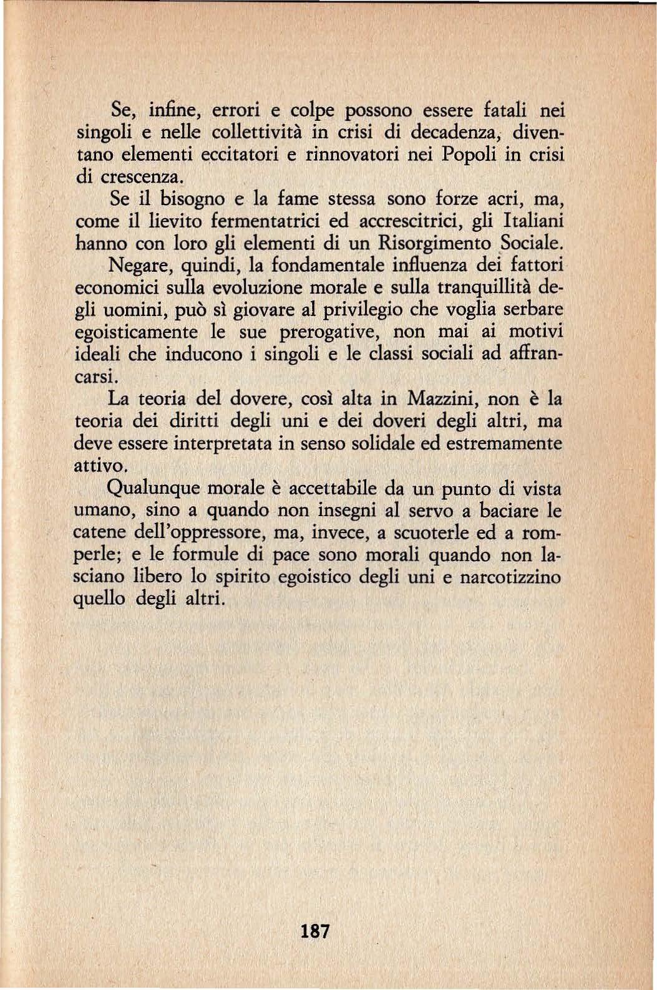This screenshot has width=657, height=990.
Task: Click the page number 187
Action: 314,931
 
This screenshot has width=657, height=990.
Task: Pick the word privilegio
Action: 352,310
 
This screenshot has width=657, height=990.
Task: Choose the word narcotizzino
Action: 510,577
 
